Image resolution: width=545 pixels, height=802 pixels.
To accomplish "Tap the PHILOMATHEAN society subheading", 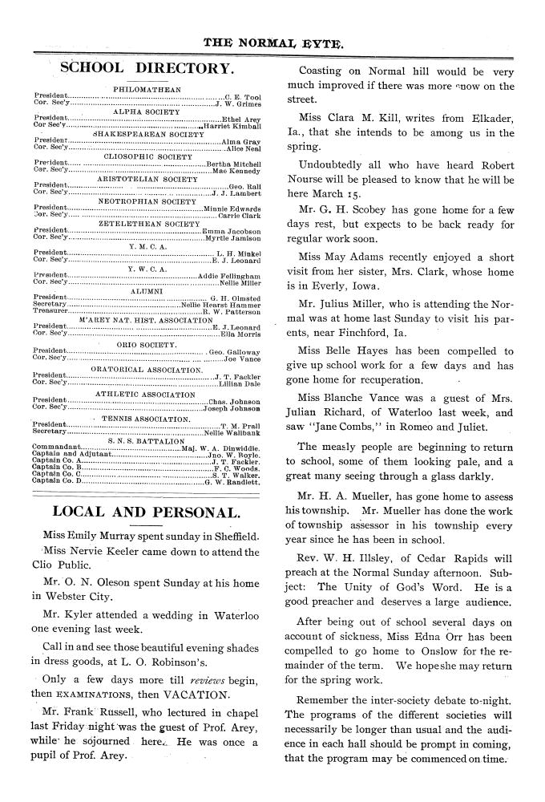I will (147, 88).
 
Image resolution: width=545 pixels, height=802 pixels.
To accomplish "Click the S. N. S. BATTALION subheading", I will (147, 440).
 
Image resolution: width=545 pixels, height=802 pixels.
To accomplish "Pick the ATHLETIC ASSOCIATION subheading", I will (147, 394).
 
